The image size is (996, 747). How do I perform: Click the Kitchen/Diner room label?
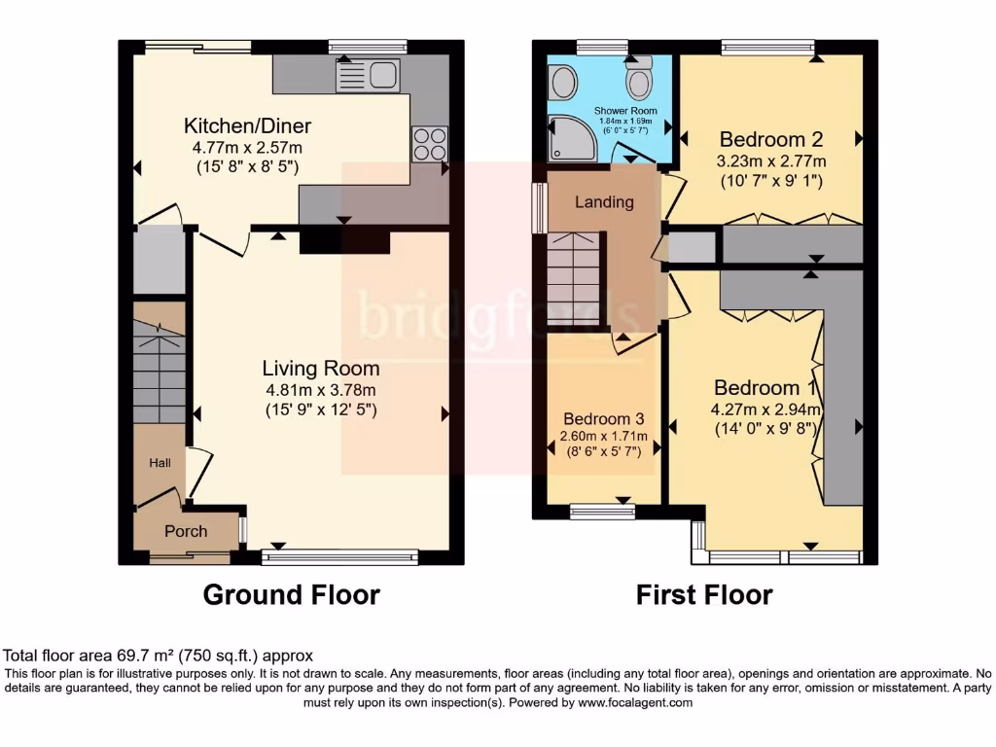pyautogui.click(x=248, y=126)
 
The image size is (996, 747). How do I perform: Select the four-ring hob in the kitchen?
pyautogui.click(x=429, y=144)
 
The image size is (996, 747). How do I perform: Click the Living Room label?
pyautogui.click(x=321, y=369)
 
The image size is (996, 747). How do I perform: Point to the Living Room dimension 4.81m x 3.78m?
pyautogui.click(x=321, y=390)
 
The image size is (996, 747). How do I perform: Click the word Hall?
pyautogui.click(x=160, y=463)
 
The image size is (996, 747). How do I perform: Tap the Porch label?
pyautogui.click(x=185, y=531)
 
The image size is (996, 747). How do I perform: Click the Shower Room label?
pyautogui.click(x=625, y=111)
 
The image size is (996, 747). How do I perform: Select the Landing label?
pyautogui.click(x=604, y=202)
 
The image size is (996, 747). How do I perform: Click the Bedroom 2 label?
pyautogui.click(x=764, y=139)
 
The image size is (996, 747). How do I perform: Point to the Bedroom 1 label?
pyautogui.click(x=765, y=385)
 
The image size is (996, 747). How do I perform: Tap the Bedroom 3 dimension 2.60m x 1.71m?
pyautogui.click(x=603, y=436)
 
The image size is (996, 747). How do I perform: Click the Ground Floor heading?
pyautogui.click(x=291, y=594)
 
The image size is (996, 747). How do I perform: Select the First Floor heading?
pyautogui.click(x=704, y=594)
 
